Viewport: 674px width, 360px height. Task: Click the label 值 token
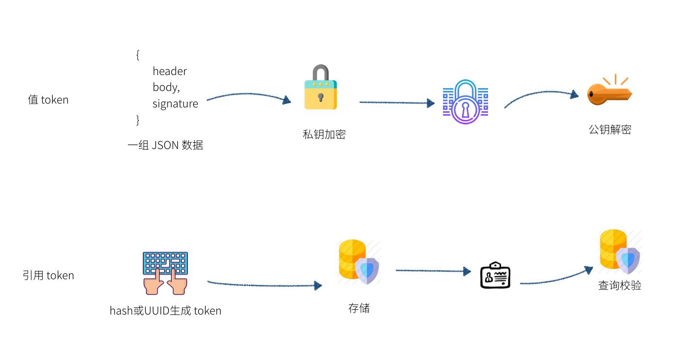(48, 100)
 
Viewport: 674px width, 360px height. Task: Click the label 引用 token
(48, 275)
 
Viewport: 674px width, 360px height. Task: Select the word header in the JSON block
(169, 71)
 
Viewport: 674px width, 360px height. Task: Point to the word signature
(175, 104)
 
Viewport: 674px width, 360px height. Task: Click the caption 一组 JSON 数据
(165, 145)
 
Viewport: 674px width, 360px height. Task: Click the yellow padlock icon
(321, 88)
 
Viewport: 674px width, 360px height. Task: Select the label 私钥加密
(324, 134)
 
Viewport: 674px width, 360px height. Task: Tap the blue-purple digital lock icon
(465, 102)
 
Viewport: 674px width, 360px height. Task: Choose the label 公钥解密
(610, 129)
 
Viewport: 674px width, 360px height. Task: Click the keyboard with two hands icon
(165, 273)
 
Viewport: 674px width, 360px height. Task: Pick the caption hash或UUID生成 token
(165, 310)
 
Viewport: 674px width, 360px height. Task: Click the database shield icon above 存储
(359, 262)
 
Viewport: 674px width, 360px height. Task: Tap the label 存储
(359, 308)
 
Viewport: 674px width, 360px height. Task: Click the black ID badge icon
(495, 275)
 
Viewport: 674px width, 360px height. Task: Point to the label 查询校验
(619, 285)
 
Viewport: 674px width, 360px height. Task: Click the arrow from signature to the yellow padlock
(248, 95)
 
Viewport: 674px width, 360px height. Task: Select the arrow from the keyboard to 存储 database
(264, 284)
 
